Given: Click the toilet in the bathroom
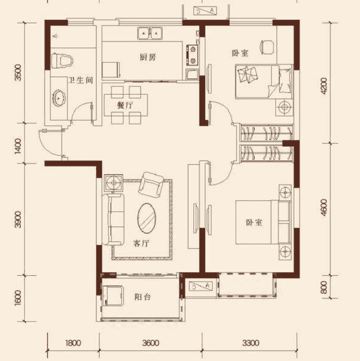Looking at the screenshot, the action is [x=62, y=61].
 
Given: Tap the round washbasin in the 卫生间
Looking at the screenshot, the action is [x=59, y=98].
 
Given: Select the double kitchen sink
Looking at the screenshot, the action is [x=150, y=33].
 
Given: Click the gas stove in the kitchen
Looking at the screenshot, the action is [x=192, y=55].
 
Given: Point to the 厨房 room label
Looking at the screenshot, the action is [x=148, y=57].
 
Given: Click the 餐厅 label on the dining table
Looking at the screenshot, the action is [x=125, y=105].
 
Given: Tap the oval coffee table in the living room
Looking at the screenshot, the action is [x=147, y=219].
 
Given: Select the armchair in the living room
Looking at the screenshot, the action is [x=151, y=185].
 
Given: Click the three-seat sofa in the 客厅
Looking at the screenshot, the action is [x=113, y=220].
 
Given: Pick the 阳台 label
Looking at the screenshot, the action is [x=142, y=297].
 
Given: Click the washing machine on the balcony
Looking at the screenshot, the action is [x=113, y=296].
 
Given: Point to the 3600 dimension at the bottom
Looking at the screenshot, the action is [x=151, y=343].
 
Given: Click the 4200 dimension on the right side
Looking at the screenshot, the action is [x=324, y=86].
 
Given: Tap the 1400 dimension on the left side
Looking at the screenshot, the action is [x=18, y=146].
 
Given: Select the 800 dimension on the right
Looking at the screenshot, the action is [x=323, y=287].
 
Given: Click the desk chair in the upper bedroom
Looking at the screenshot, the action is [x=268, y=47].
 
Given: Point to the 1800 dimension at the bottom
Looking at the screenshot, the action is [x=73, y=343].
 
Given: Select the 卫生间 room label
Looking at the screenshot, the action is [x=81, y=80].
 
